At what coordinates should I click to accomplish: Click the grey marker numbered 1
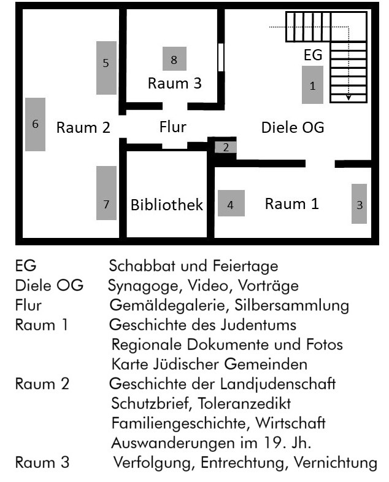[x=313, y=85]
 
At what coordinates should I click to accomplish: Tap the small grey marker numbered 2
[x=226, y=147]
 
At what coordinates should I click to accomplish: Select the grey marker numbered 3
[x=359, y=204]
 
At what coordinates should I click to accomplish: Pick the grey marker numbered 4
[x=231, y=204]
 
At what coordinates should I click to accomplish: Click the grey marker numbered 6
[x=35, y=124]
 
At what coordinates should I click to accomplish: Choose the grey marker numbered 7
[x=106, y=193]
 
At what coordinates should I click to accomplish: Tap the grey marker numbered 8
[x=174, y=59]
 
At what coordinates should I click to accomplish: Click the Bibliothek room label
[x=166, y=205]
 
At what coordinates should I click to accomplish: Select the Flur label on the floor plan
[x=172, y=127]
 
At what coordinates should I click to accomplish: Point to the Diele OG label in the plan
[x=293, y=128]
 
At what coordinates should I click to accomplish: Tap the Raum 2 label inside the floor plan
[x=83, y=128]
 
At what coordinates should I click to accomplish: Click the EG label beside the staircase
[x=313, y=55]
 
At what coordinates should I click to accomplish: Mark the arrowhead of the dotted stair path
[x=348, y=97]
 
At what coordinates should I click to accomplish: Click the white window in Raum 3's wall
[x=221, y=59]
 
